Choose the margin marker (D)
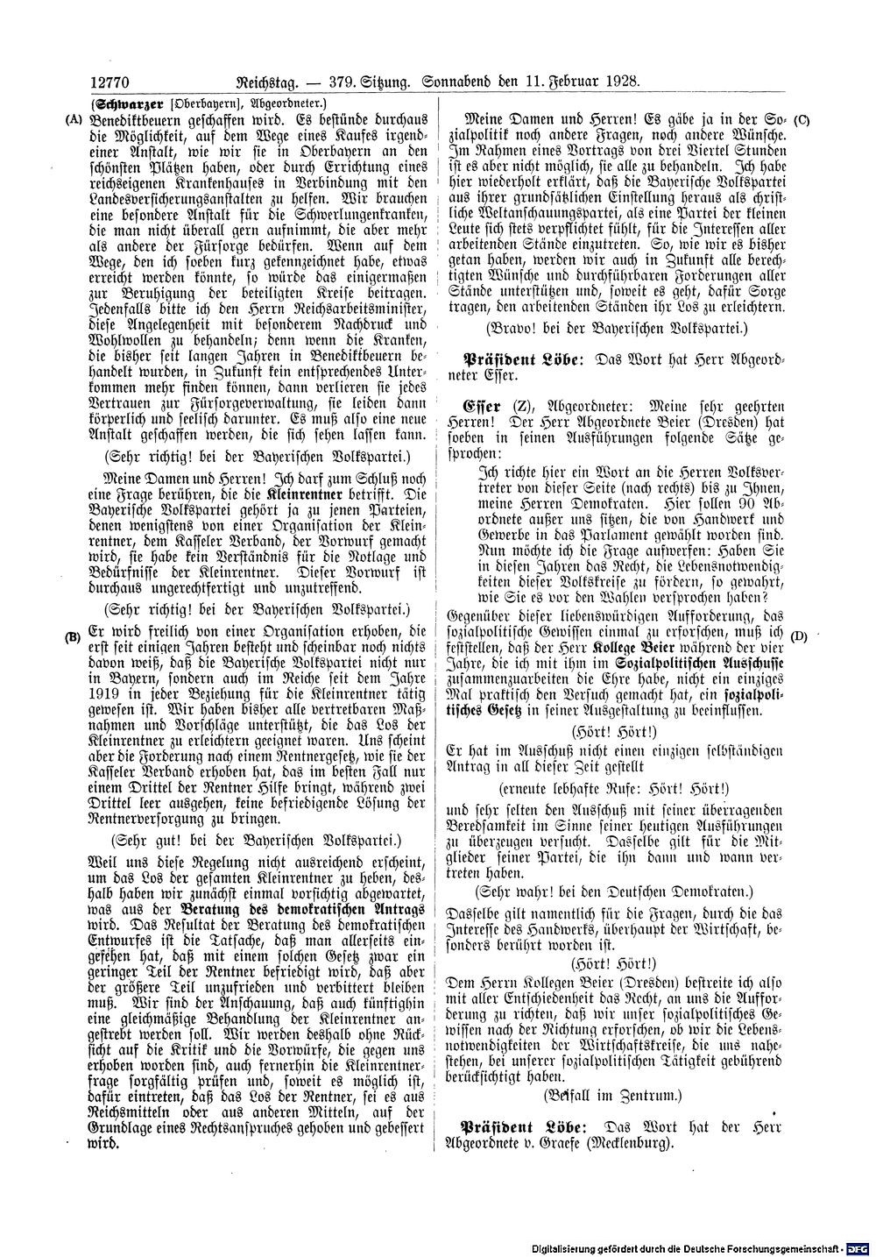pyautogui.click(x=798, y=636)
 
